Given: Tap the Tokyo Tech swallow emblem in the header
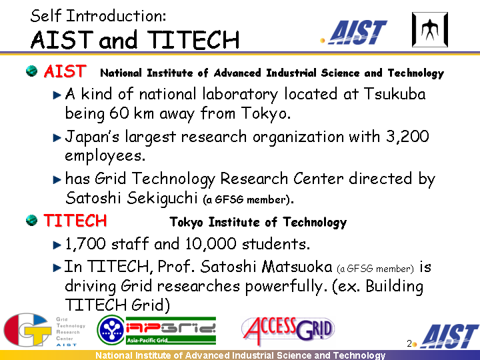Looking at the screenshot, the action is (x=430, y=30).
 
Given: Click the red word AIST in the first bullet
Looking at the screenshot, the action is (x=65, y=71).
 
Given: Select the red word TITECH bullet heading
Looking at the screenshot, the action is (x=75, y=221).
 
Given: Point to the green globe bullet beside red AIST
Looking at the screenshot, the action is (x=31, y=71).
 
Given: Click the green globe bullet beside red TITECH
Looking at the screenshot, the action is (x=31, y=220).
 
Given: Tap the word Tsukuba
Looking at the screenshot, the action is (x=395, y=94).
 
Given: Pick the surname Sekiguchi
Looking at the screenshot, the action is (x=162, y=198).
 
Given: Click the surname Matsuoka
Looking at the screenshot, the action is (x=297, y=266).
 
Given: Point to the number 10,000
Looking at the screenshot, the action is (x=211, y=244).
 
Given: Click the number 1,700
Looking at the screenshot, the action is (x=85, y=244).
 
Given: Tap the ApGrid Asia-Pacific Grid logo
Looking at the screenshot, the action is (x=157, y=330).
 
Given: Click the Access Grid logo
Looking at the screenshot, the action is (x=288, y=330).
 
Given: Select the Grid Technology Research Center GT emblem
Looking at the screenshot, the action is (x=27, y=330).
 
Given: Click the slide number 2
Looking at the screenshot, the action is (x=409, y=344).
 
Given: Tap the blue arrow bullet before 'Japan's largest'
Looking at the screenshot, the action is (x=57, y=137).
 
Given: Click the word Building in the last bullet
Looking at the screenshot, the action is (x=394, y=286).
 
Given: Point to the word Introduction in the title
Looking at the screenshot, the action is (x=116, y=16).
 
